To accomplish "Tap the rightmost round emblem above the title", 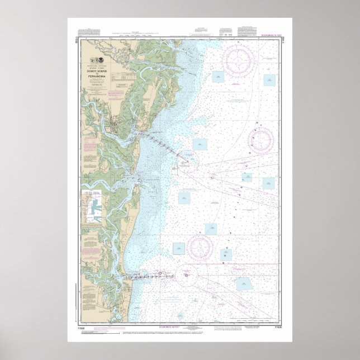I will click(x=100, y=59).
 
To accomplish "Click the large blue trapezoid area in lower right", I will click(x=244, y=284).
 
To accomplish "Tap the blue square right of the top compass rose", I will click(x=269, y=80).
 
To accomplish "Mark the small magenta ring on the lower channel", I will click(x=160, y=273).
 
